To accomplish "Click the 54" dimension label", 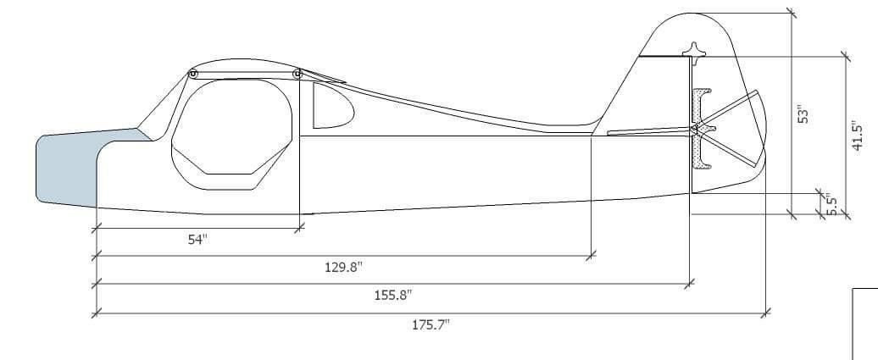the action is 197,240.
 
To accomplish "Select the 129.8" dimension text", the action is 344,267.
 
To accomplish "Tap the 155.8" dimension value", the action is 393,295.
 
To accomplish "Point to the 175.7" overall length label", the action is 431,324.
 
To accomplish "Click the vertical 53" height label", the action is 803,114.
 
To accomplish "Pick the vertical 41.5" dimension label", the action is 857,136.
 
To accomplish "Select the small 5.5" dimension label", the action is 832,204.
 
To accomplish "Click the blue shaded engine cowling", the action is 84,168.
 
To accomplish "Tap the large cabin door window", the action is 231,135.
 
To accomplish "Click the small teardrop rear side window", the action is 332,106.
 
